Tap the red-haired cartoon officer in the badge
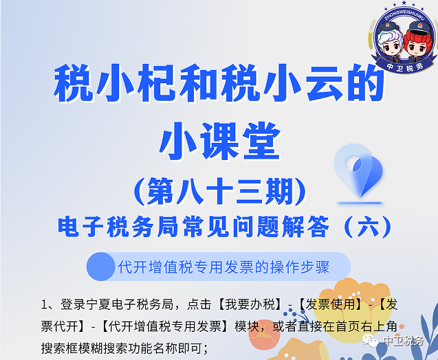tap(418, 42)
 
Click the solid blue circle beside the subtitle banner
tap(101, 267)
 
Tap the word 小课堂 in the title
tap(220, 142)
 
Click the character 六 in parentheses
tap(369, 227)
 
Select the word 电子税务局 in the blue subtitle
tap(118, 227)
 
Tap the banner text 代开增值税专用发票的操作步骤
tap(223, 267)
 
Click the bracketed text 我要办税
tap(250, 304)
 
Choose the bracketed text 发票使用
tap(330, 304)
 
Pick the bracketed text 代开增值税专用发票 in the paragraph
tap(165, 326)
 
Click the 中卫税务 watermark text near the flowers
tap(403, 341)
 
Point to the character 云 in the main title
tap(325, 83)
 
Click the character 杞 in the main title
tap(157, 83)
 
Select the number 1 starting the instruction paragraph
tap(45, 304)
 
